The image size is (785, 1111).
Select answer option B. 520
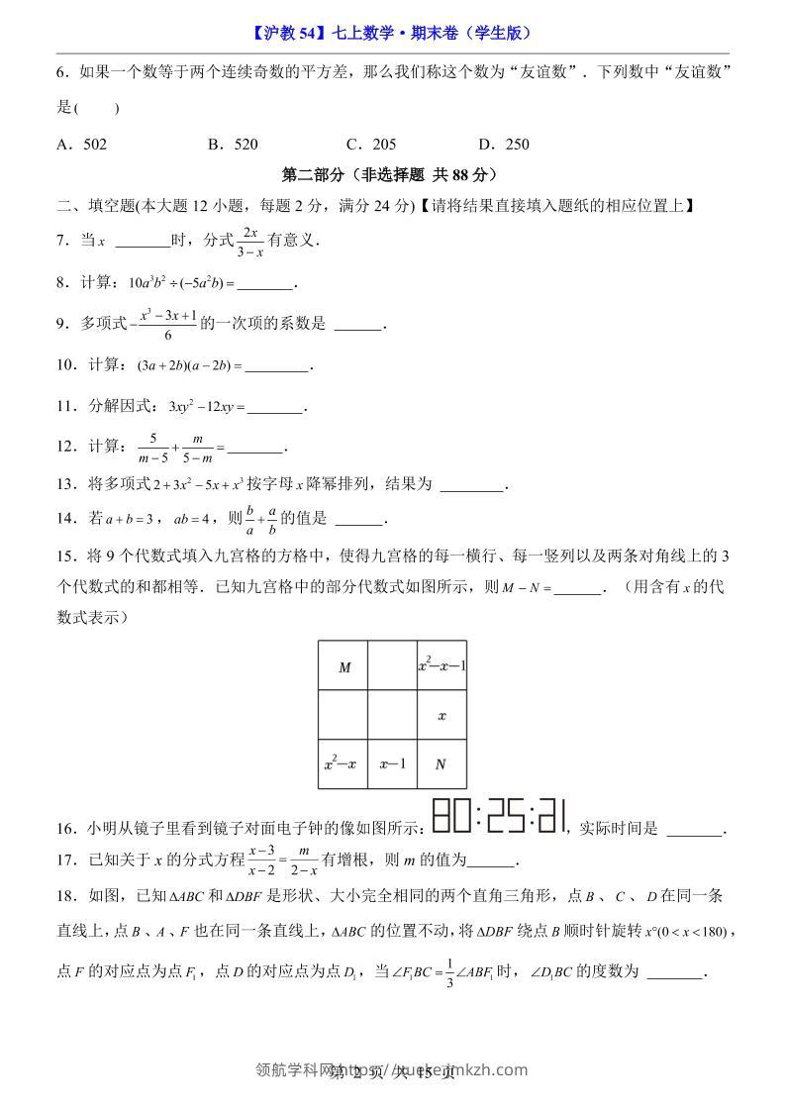click(x=233, y=145)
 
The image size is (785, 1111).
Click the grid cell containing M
click(x=343, y=666)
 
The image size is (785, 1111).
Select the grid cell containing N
click(x=442, y=763)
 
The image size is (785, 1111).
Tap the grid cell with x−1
click(x=392, y=763)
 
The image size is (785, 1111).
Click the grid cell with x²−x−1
click(x=442, y=666)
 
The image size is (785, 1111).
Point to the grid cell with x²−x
click(x=343, y=763)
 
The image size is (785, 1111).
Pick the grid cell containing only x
click(x=442, y=715)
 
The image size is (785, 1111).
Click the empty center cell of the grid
click(x=392, y=715)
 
